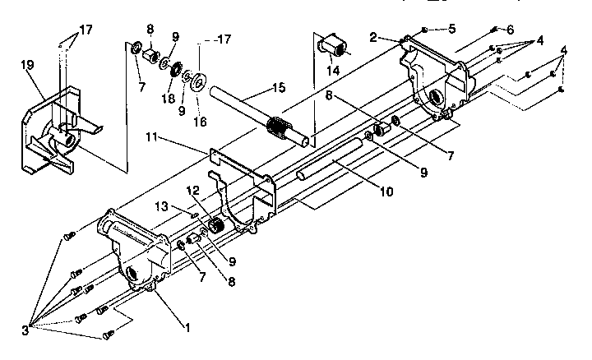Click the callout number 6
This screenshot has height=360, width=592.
(511, 30)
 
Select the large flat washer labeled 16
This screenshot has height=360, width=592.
(197, 81)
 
